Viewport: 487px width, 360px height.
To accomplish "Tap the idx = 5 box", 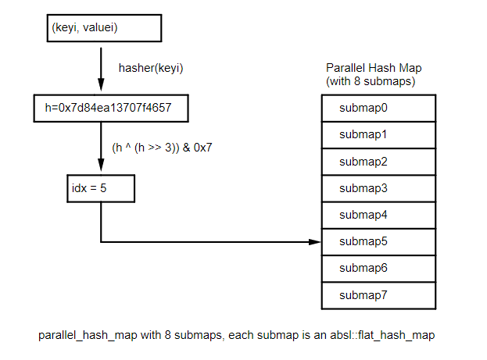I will pos(101,188).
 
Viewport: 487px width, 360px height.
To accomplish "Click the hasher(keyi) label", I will pos(150,68).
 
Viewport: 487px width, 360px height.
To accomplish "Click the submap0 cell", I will pos(378,108).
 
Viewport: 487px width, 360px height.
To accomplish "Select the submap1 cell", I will pos(378,134).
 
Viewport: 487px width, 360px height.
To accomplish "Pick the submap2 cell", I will pos(378,162).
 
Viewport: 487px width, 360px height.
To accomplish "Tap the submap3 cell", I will pos(378,188).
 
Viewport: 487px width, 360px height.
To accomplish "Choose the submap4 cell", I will pos(378,215).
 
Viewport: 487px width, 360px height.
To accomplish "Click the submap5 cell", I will pos(378,241).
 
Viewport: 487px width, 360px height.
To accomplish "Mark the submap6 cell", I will pos(378,268).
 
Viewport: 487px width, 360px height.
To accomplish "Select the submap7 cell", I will pos(378,295).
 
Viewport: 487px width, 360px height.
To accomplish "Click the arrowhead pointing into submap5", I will pos(315,241).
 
